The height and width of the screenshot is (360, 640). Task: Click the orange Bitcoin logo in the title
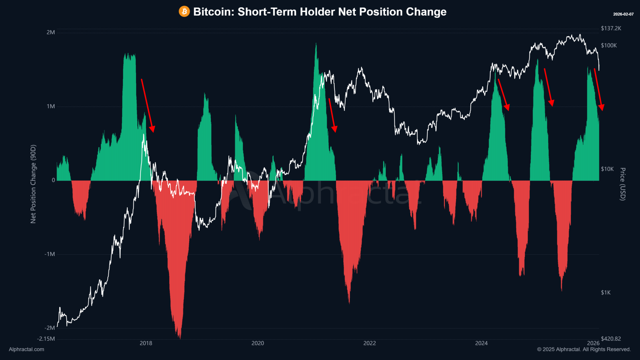click(184, 12)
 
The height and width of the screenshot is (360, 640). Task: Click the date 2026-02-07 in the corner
click(623, 14)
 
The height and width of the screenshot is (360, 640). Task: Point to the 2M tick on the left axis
click(51, 32)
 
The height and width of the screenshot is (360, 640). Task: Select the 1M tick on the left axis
click(51, 107)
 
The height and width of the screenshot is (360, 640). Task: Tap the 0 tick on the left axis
click(53, 180)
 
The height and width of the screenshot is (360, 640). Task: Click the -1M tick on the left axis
click(49, 254)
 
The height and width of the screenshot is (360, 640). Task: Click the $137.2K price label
click(611, 28)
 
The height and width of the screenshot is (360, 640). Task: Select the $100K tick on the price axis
click(609, 46)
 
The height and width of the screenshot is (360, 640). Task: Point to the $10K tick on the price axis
click(607, 169)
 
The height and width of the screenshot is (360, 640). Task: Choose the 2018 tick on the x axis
click(146, 343)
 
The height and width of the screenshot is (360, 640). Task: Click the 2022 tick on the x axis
click(370, 343)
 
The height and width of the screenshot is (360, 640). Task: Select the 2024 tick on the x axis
click(481, 343)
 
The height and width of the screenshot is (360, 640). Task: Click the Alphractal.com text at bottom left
click(27, 350)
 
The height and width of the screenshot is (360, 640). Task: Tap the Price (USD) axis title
click(622, 184)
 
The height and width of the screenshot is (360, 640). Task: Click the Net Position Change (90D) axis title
click(33, 184)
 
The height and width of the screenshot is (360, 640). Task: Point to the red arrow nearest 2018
click(147, 105)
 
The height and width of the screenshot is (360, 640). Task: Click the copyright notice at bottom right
click(584, 350)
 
